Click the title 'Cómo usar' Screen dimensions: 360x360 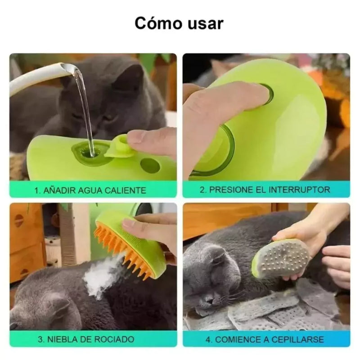(179, 23)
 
